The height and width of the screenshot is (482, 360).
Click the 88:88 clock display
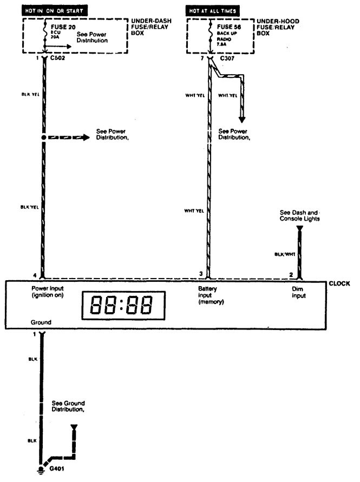tap(123, 306)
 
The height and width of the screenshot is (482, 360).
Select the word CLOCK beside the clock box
tap(339, 283)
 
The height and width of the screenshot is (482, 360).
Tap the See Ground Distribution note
tap(68, 406)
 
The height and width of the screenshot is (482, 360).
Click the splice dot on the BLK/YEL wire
tap(42, 138)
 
